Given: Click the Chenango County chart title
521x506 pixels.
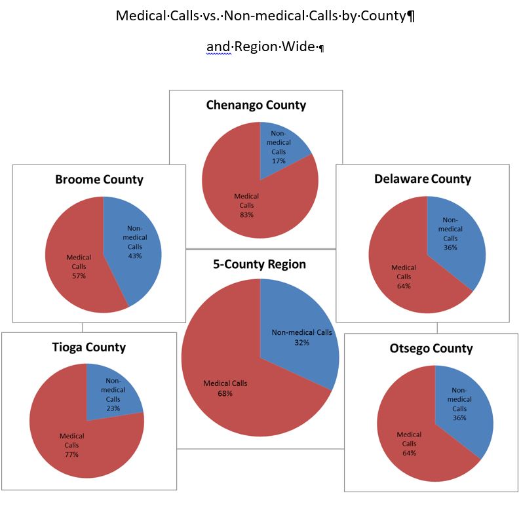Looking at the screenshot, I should click(x=256, y=105).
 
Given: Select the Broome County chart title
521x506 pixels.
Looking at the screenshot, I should click(x=99, y=180).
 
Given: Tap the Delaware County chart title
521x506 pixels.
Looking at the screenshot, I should click(x=423, y=179).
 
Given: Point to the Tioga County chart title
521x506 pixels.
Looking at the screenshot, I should click(x=89, y=347).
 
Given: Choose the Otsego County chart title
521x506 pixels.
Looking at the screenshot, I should click(x=431, y=348).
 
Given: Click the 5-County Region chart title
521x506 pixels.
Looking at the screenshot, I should click(x=260, y=265).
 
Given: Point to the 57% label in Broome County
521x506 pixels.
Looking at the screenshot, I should click(x=79, y=276).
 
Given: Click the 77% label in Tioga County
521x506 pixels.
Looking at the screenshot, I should click(x=71, y=454).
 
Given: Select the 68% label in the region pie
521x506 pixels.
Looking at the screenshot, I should click(x=225, y=394).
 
